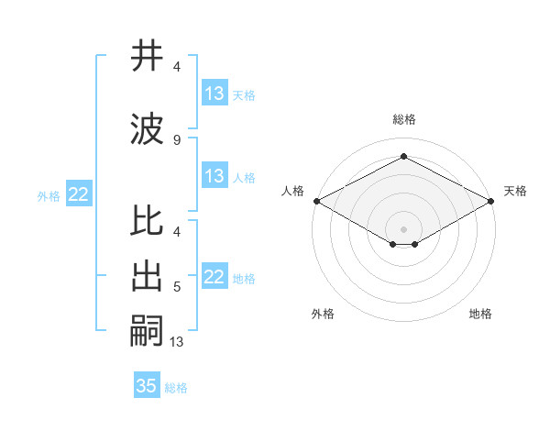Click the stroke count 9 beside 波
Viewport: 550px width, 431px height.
click(x=177, y=139)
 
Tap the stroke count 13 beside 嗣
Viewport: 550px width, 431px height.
click(x=177, y=342)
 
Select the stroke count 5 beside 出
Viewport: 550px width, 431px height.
click(x=177, y=287)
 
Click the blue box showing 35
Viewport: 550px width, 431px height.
click(x=147, y=386)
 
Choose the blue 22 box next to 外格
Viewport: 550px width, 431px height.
click(x=78, y=193)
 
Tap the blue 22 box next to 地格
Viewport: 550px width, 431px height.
click(x=214, y=277)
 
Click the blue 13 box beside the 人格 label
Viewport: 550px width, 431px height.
click(x=214, y=176)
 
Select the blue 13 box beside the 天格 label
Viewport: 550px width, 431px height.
click(x=214, y=93)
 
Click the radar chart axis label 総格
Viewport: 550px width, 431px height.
click(x=404, y=119)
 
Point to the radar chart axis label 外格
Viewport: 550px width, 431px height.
click(x=323, y=314)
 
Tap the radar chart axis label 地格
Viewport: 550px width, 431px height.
click(x=480, y=314)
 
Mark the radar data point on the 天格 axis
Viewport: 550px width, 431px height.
click(x=490, y=200)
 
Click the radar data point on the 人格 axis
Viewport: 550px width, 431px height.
click(x=316, y=200)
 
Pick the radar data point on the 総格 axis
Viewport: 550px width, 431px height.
click(x=403, y=157)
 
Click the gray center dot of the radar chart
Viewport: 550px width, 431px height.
click(x=403, y=227)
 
